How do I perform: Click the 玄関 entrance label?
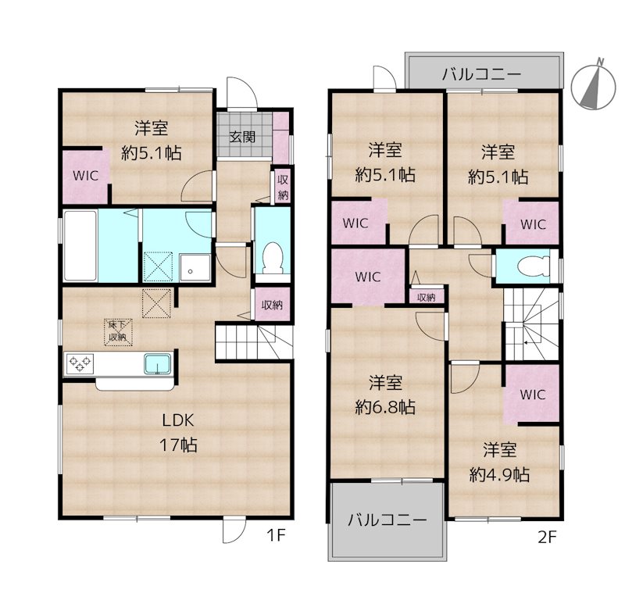coord(242,137)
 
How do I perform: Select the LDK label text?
coord(178,420)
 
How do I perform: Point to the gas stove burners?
coord(80,363)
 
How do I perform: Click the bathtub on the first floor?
coord(80,245)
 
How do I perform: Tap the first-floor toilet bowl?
coord(273,258)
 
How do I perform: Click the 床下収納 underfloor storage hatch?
coord(118,331)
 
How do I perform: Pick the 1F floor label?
coord(277,535)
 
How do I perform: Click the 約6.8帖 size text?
coord(385,407)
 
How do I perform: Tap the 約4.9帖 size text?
coord(499,474)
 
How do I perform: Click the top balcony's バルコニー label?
coord(481,74)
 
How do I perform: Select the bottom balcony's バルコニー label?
coord(387,520)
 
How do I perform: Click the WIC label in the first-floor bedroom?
coord(86,175)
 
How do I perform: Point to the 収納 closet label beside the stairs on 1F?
coord(272,305)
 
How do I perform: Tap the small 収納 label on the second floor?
coord(426,297)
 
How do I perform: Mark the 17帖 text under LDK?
coord(178,445)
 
